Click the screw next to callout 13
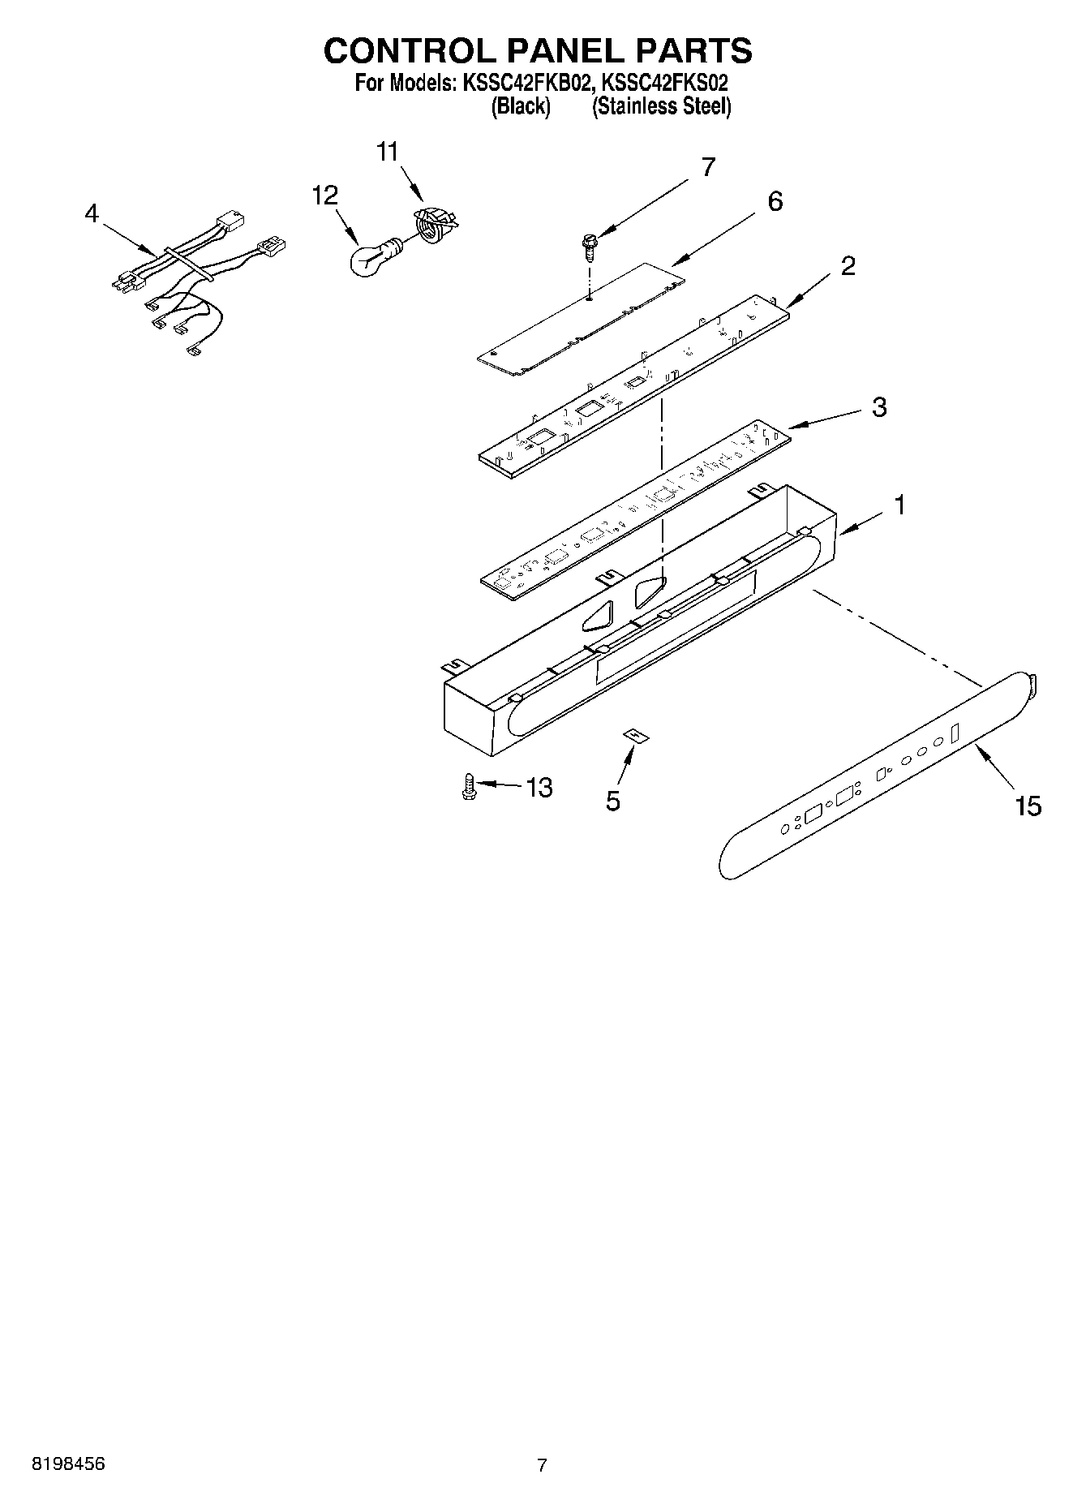point(469,787)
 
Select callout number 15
point(1027,806)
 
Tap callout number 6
point(775,201)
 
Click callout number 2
point(848,265)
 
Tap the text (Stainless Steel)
point(661,106)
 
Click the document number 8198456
point(68,1463)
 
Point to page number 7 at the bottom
point(542,1464)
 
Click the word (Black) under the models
point(521,106)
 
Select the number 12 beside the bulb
point(325,196)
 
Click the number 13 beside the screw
point(539,787)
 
